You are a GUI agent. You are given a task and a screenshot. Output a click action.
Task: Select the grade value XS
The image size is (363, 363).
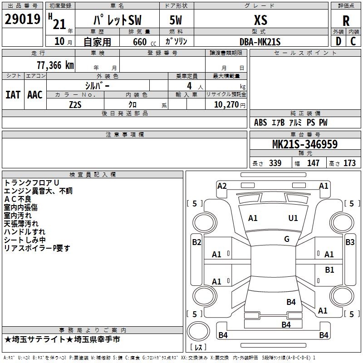260,20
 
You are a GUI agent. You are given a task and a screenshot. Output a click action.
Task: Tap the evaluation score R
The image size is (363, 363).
346,20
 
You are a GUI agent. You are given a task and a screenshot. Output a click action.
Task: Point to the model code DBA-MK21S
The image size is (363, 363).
260,42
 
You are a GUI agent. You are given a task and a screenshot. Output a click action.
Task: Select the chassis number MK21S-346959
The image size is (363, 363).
304,145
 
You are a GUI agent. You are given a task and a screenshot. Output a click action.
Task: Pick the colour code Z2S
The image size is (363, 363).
75,104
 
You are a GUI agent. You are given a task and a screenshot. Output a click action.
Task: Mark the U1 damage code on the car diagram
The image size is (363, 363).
293,218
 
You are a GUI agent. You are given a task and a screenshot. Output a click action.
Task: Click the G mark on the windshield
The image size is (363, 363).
287,239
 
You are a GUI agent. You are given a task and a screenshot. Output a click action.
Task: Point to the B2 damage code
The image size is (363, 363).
196,242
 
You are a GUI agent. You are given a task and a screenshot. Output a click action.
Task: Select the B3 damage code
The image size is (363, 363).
350,242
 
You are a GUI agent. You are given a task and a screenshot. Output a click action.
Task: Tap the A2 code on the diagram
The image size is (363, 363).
222,186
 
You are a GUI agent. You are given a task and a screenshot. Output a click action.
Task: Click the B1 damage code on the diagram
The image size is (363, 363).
329,270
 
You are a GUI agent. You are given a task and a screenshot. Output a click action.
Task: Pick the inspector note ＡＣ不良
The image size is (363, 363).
18,199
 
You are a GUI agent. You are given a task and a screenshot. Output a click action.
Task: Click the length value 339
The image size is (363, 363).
275,163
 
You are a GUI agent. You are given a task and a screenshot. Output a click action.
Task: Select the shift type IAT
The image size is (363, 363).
13,94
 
